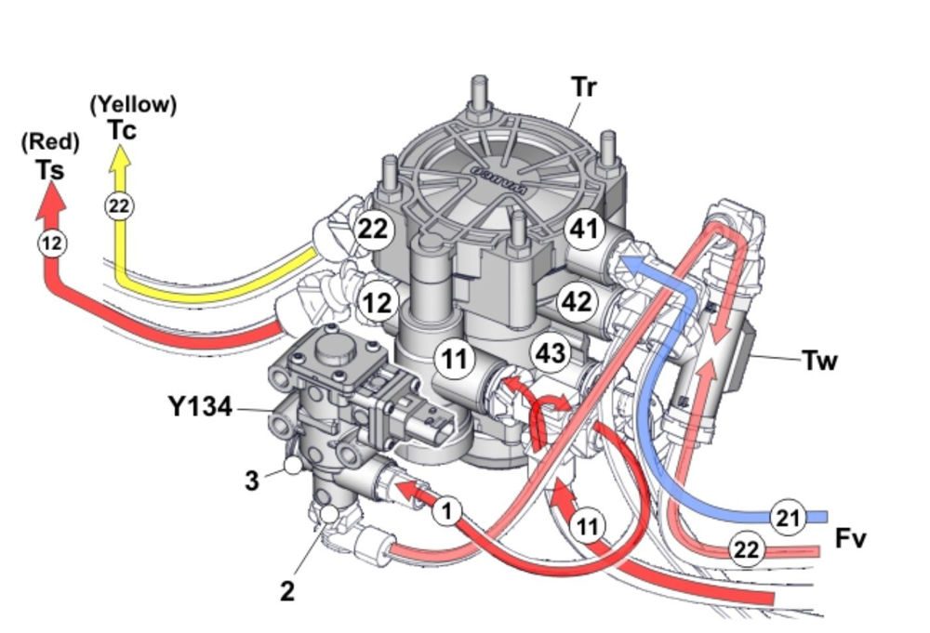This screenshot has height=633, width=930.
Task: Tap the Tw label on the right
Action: click(819, 359)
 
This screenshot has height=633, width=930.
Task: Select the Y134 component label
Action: click(199, 406)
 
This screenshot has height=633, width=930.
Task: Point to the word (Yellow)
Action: click(133, 105)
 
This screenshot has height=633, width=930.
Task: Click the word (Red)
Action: click(51, 142)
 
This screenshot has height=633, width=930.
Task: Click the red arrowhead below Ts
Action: click(52, 197)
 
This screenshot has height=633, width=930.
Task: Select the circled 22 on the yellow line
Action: click(118, 205)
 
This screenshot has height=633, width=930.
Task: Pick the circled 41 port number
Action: click(584, 229)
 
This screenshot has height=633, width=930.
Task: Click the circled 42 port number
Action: click(576, 301)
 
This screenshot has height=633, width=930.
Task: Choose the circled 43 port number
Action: click(549, 353)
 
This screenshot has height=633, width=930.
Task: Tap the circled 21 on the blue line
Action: click(788, 518)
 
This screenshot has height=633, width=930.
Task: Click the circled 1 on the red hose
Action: click(448, 510)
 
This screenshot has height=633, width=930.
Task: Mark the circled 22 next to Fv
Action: click(746, 549)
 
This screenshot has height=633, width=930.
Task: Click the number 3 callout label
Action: click(251, 480)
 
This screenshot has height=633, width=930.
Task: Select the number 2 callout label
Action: click(288, 589)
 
